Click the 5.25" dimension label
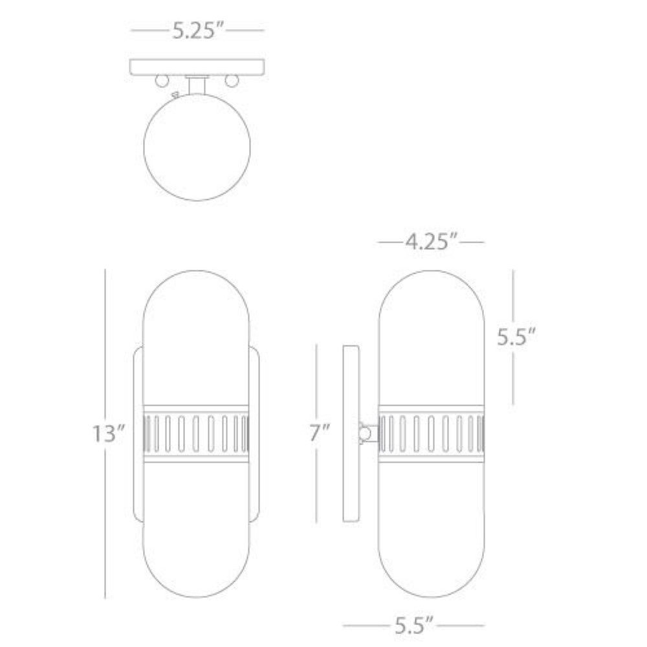coord(197,30)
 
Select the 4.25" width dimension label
coord(431,242)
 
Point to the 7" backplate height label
coord(320,433)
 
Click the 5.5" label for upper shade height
coord(516,337)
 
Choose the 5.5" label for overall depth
coord(414,626)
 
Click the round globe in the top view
coord(197,148)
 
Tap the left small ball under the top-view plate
coord(162,80)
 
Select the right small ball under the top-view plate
coord(232,80)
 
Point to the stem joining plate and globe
coord(197,85)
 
